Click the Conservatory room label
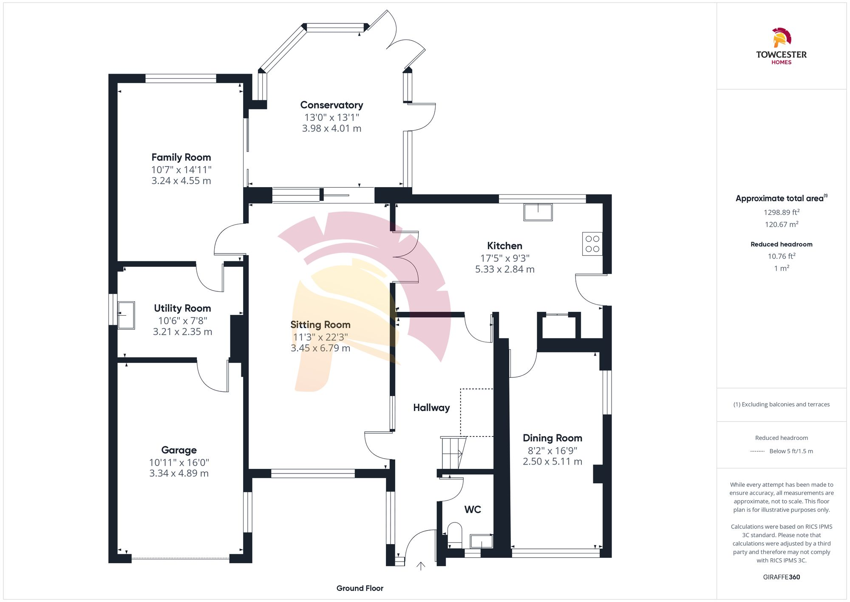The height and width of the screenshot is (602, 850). coord(331,105)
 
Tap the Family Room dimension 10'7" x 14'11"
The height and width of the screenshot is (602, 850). coord(181,170)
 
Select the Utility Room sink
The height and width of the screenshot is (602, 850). coord(126,315)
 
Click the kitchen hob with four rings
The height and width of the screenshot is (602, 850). coord(592,244)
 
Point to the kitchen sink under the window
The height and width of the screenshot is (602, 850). coord(538,212)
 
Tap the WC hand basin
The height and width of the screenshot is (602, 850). coord(481,541)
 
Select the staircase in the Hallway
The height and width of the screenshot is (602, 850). coord(453,453)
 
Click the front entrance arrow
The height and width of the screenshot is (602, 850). coord(421,566)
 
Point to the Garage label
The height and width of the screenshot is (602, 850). coord(179,450)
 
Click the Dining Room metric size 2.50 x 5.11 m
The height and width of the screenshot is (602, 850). coord(552,462)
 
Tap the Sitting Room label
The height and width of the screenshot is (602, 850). coord(320,325)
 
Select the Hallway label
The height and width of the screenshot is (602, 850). coord(431,408)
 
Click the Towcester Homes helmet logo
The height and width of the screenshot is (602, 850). coord(781,38)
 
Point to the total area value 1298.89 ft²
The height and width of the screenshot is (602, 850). coord(781,212)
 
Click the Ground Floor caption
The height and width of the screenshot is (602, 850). coord(360,588)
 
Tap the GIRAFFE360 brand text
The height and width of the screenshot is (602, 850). coord(781,577)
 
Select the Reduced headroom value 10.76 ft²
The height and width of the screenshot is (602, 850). coord(781,256)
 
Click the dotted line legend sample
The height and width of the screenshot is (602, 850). coord(757,451)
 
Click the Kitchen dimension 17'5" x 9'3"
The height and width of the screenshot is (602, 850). coord(504,258)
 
